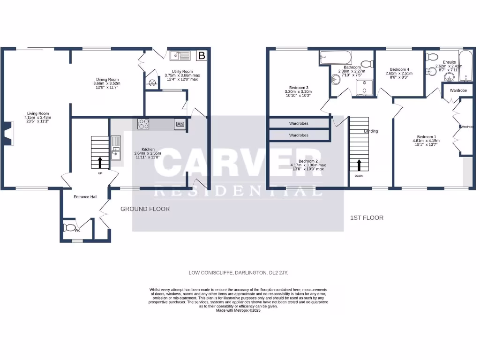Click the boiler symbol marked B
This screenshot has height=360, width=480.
(x=202, y=56)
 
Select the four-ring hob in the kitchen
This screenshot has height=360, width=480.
(x=143, y=124)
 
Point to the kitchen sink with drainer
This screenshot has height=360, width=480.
(x=116, y=147)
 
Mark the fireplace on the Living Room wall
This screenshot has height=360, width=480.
(x=8, y=133)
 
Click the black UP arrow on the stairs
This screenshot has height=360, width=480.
(x=99, y=162)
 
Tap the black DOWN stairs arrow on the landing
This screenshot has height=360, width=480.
(x=360, y=165)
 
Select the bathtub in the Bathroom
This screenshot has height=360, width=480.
(x=335, y=59)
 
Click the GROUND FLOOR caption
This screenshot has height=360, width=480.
(x=145, y=209)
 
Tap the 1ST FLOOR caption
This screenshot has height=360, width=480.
(x=367, y=218)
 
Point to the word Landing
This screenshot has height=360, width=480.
(x=371, y=131)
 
